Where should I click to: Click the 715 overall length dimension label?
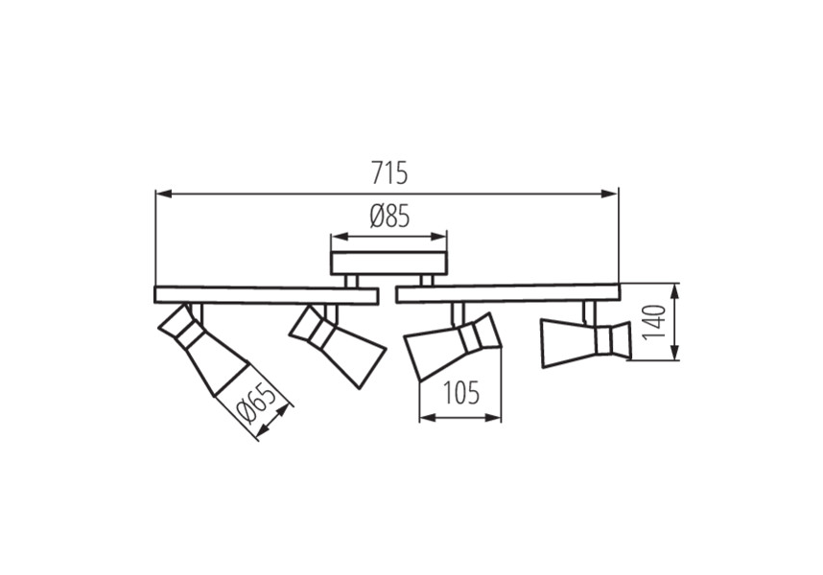coord(389,172)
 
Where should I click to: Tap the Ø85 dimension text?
coord(389,217)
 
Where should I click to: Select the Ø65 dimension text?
coord(255,404)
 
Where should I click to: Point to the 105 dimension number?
coord(462,393)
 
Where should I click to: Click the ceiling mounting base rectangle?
coord(388,264)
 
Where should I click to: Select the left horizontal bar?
coord(267,294)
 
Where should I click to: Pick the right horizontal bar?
coord(508,293)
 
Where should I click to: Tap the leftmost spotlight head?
coord(203,350)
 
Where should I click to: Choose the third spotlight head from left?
coord(454,347)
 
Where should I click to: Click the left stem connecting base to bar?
coord(351,281)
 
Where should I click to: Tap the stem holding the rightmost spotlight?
coord(589,311)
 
